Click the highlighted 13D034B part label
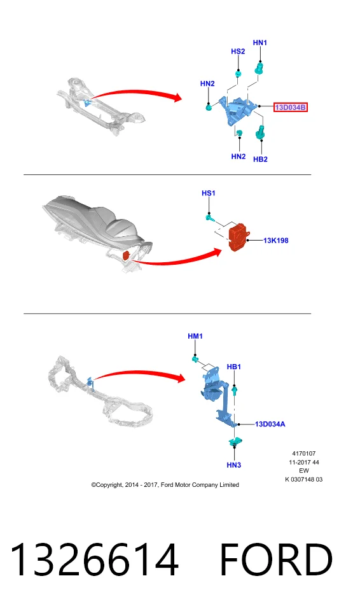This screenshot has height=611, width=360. click(290, 107)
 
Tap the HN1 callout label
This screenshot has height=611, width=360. click(260, 43)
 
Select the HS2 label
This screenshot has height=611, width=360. click(238, 52)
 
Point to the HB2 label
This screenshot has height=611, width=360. click(260, 159)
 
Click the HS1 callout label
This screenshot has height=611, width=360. click(209, 193)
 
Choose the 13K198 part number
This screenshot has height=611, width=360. click(276, 241)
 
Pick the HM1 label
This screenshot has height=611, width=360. click(195, 336)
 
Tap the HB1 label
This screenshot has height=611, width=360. click(234, 367)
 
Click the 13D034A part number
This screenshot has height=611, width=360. click(270, 424)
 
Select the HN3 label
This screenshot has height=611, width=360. click(234, 465)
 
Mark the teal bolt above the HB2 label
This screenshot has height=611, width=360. click(260, 133)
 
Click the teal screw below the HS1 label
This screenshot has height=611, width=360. click(210, 218)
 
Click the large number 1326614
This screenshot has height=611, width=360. click(94, 559)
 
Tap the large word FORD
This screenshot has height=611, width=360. click(276, 559)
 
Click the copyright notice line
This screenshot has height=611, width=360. click(165, 485)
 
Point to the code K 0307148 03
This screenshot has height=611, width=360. click(304, 479)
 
